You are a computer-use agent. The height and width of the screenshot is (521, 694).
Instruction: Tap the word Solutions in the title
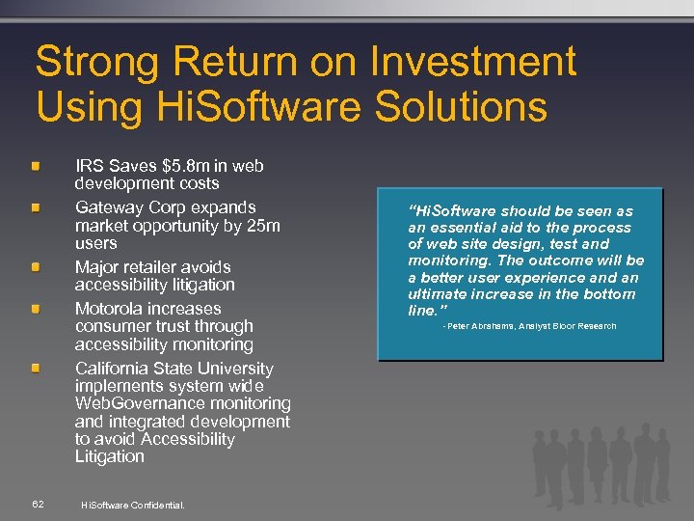click(x=444, y=105)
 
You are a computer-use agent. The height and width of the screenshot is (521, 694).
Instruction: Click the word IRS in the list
click(x=90, y=166)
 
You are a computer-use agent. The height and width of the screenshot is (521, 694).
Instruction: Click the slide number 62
click(x=38, y=504)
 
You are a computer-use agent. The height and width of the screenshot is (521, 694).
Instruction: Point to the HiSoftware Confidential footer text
click(x=132, y=505)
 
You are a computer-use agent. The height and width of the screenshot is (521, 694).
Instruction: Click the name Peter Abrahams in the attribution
click(x=486, y=326)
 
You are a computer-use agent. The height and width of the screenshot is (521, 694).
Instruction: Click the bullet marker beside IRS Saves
click(x=36, y=167)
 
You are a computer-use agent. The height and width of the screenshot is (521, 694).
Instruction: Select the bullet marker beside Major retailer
click(x=36, y=267)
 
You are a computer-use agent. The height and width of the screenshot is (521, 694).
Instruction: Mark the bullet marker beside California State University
click(x=36, y=370)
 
